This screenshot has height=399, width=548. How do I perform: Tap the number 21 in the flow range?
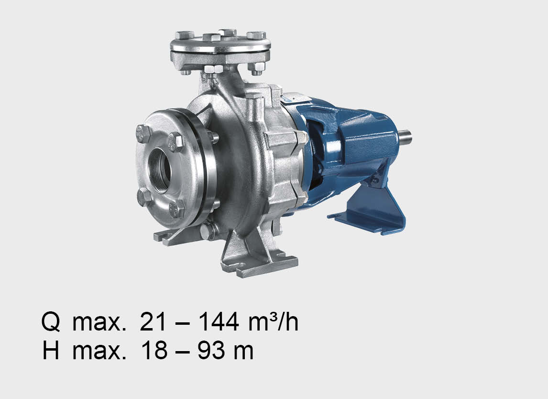coord(153,322)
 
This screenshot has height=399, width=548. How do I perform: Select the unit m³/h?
coord(274,322)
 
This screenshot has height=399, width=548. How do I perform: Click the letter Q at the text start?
coord(51,322)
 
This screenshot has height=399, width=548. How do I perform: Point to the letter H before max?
coord(51,350)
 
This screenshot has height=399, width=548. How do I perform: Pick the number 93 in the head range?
coord(211,350)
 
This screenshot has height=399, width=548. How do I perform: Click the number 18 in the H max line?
coord(154,350)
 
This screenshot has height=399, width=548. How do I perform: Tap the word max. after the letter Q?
coord(99,324)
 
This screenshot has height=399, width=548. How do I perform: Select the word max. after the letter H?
coord(99,353)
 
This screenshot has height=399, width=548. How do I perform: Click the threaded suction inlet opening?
coord(160,171)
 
